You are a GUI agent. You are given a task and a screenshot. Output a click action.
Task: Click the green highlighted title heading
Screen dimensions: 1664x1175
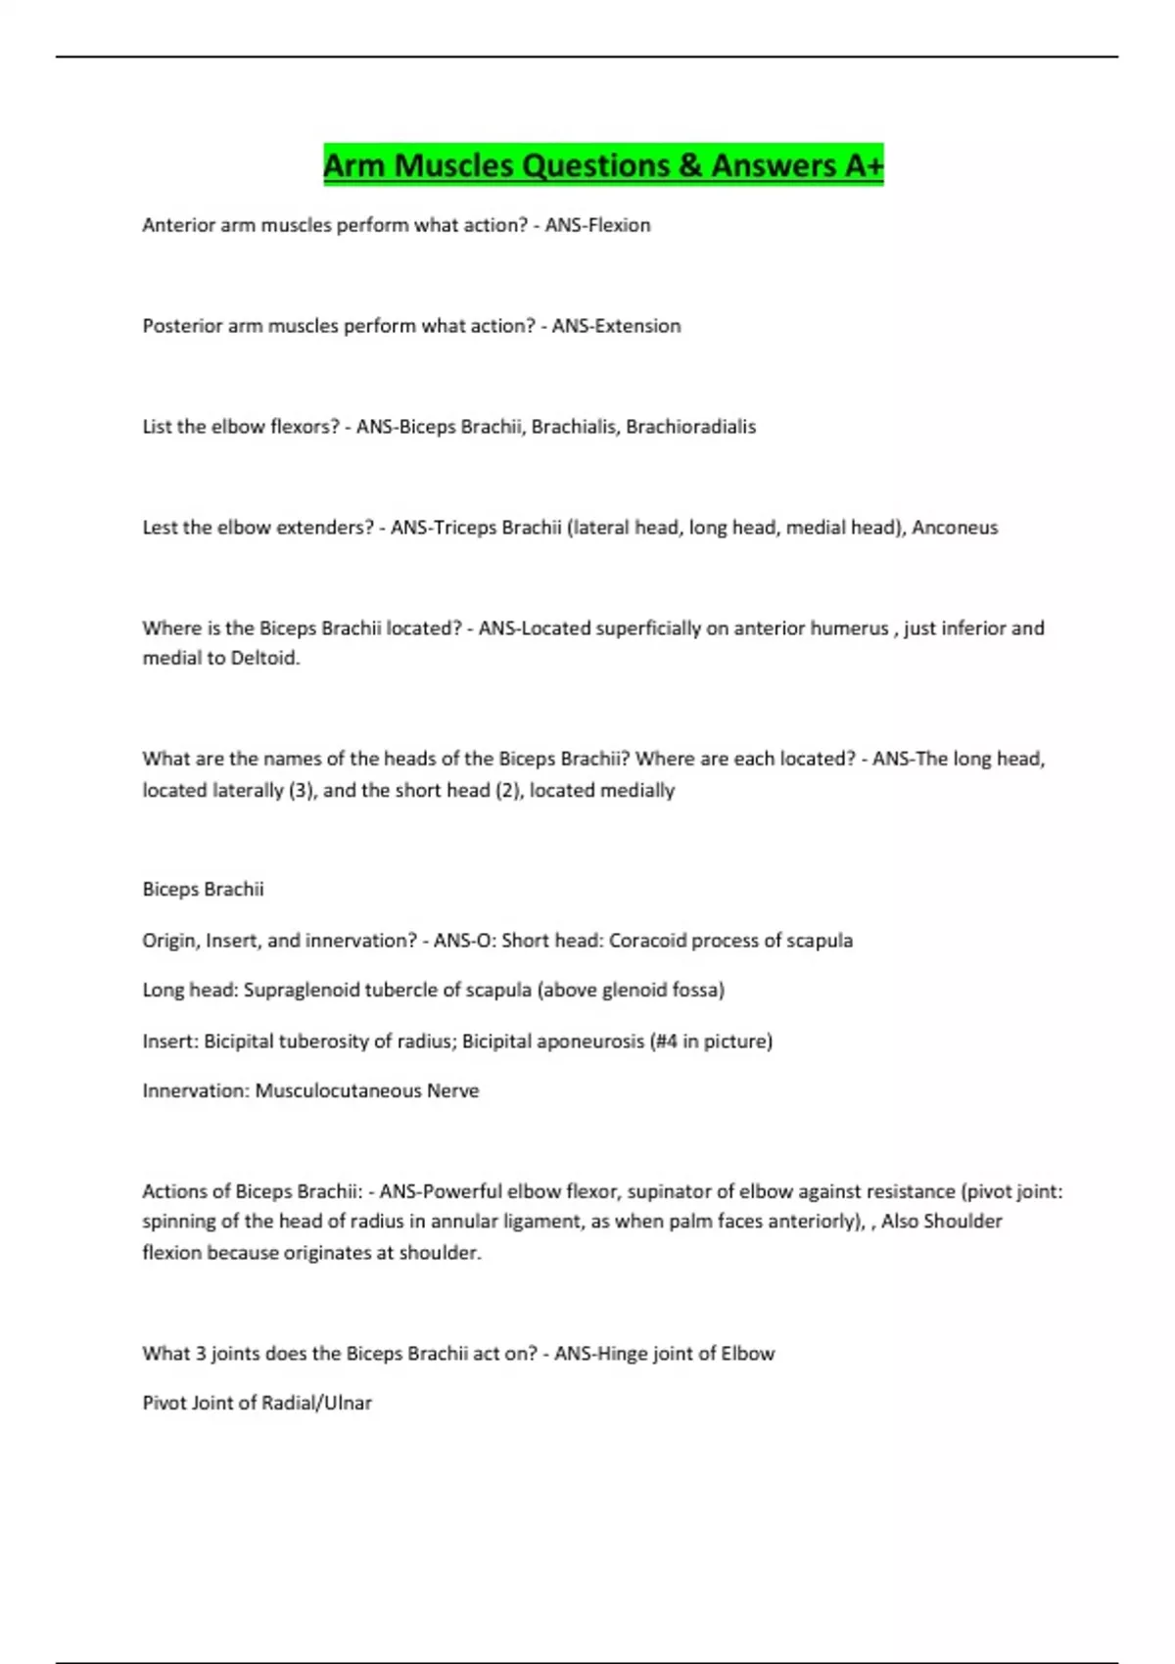pyautogui.click(x=603, y=165)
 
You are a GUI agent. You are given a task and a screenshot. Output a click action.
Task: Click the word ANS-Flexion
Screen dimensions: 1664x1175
pyautogui.click(x=597, y=225)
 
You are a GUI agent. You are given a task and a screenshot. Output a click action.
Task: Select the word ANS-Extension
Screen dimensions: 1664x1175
pyautogui.click(x=616, y=326)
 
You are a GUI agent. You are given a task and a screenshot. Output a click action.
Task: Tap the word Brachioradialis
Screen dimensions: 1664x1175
pyautogui.click(x=691, y=427)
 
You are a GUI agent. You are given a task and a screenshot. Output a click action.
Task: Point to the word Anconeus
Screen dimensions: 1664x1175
pyautogui.click(x=955, y=528)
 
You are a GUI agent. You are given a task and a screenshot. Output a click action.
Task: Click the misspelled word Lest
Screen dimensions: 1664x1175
pyautogui.click(x=160, y=528)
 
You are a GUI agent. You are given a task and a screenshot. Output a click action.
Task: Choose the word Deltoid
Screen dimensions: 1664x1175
pyautogui.click(x=264, y=659)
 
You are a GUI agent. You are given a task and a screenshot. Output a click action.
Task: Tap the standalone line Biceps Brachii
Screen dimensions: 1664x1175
pyautogui.click(x=203, y=890)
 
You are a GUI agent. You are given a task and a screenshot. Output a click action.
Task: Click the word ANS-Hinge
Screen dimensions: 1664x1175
pyautogui.click(x=599, y=1354)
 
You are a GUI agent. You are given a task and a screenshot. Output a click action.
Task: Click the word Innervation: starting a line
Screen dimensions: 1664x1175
pyautogui.click(x=196, y=1091)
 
